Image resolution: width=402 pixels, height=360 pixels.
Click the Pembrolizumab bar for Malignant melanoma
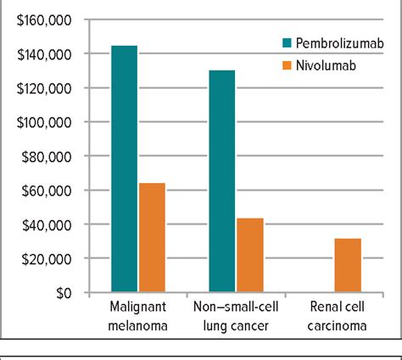click(124, 169)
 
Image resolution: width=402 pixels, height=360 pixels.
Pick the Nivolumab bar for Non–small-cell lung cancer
click(250, 255)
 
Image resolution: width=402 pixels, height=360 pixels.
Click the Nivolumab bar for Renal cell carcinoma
click(348, 265)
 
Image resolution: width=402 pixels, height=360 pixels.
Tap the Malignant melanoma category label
click(137, 314)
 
